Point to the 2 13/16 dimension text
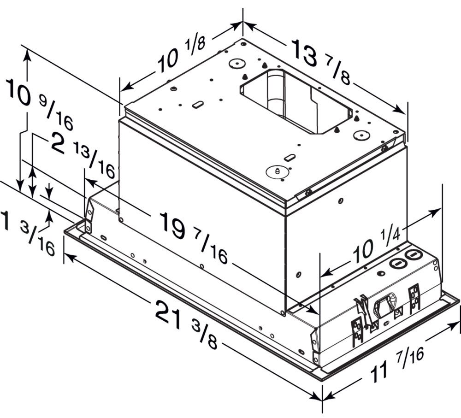(x=83, y=154)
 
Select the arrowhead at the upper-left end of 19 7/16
(x=90, y=182)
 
